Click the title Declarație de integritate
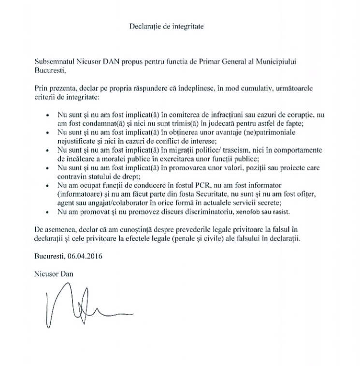pos(167,28)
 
